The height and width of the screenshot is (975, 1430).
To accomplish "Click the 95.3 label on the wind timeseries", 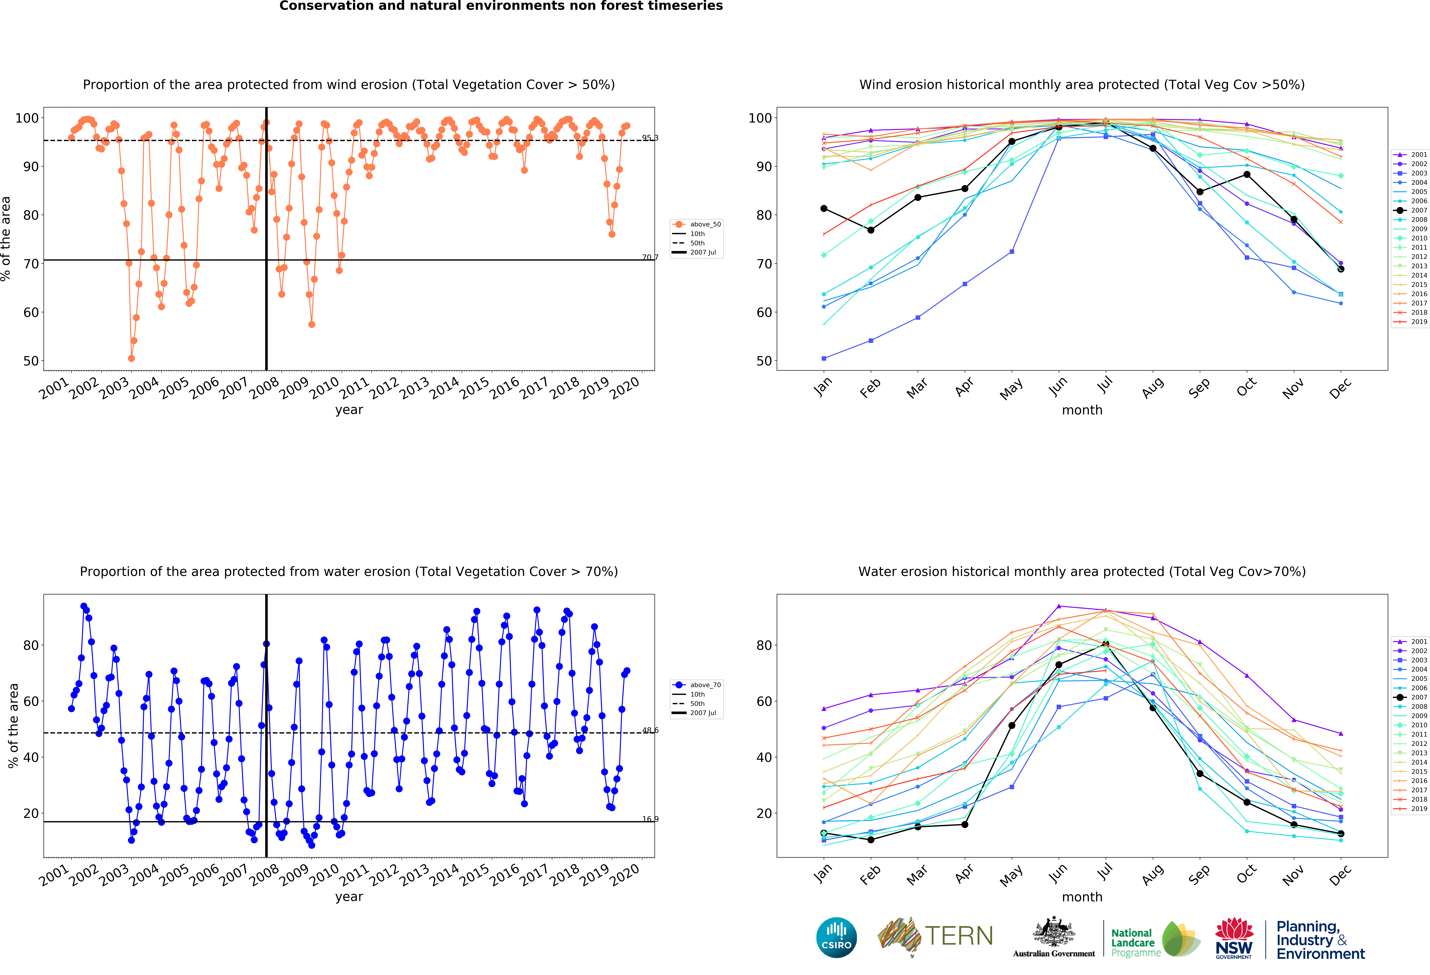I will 650,138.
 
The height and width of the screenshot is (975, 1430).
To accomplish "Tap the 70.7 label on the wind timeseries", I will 650,257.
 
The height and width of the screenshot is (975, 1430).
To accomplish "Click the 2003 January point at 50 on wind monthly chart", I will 824,358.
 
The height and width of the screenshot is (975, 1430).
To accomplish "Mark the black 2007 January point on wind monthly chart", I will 824,209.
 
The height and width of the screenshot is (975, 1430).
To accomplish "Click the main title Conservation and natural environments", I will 501,6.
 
